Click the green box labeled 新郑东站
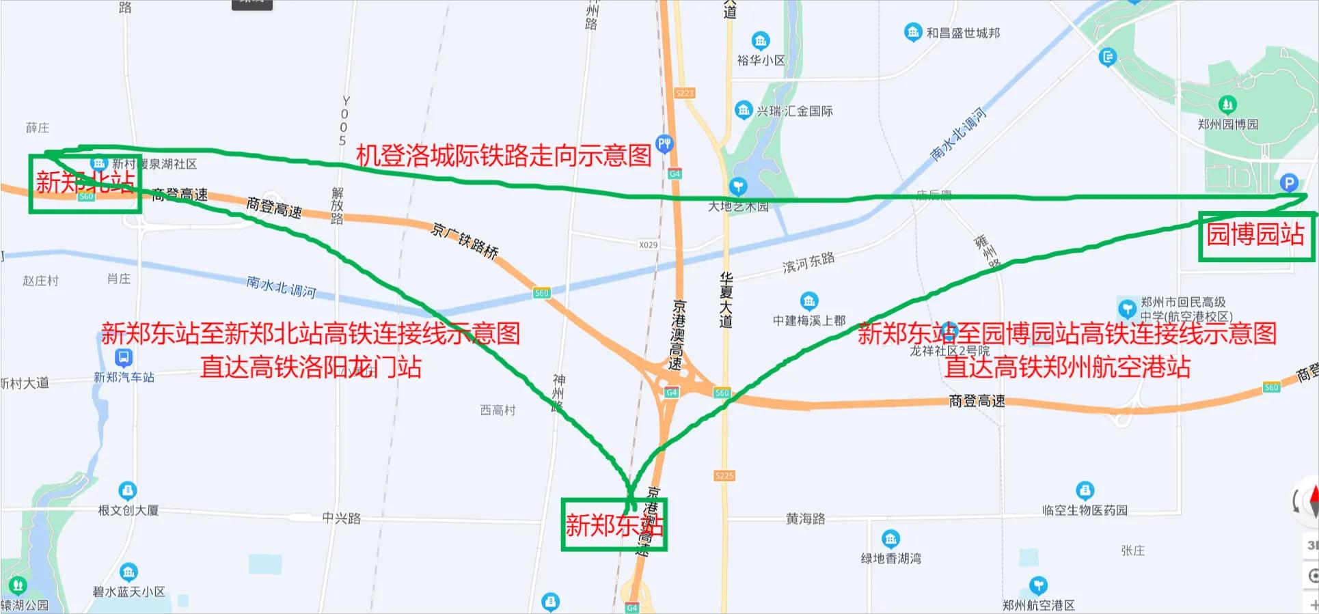pyautogui.click(x=614, y=525)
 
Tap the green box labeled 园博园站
pyautogui.click(x=1255, y=236)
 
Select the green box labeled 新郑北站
pyautogui.click(x=85, y=183)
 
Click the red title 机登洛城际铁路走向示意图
pyautogui.click(x=504, y=156)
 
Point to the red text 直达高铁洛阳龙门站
pyautogui.click(x=310, y=367)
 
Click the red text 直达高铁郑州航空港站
pyautogui.click(x=1068, y=367)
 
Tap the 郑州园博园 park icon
pyautogui.click(x=1227, y=104)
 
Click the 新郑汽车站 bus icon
pyautogui.click(x=124, y=357)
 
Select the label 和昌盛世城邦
pyautogui.click(x=962, y=33)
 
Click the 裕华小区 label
pyautogui.click(x=761, y=60)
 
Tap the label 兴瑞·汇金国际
pyautogui.click(x=794, y=111)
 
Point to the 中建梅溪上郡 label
pyautogui.click(x=809, y=320)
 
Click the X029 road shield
pyautogui.click(x=648, y=245)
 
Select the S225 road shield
pyautogui.click(x=724, y=475)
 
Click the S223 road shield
pyautogui.click(x=684, y=93)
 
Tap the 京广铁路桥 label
pyautogui.click(x=465, y=240)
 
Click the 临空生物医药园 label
pyautogui.click(x=1085, y=510)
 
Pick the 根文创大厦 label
pyautogui.click(x=128, y=510)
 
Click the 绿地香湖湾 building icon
pyautogui.click(x=890, y=539)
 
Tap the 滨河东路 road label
pyautogui.click(x=808, y=262)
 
